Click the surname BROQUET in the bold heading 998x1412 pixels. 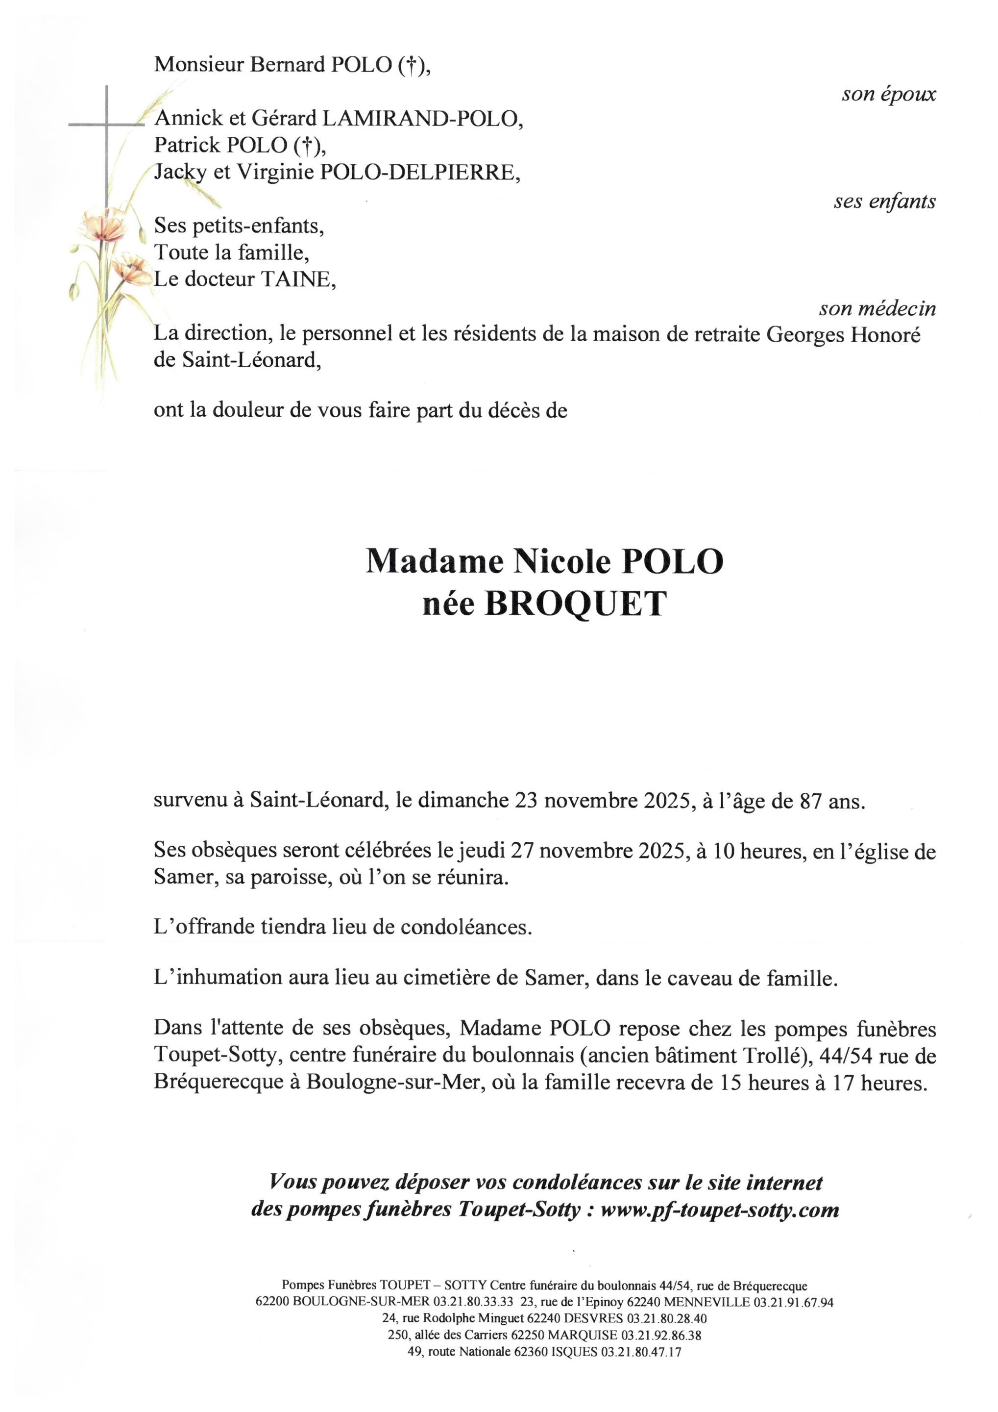[x=575, y=605]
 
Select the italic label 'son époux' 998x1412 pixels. [x=889, y=94]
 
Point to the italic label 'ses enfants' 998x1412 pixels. [x=884, y=201]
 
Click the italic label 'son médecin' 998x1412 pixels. [x=877, y=308]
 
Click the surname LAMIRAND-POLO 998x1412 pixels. [x=423, y=118]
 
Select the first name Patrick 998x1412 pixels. [x=188, y=145]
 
